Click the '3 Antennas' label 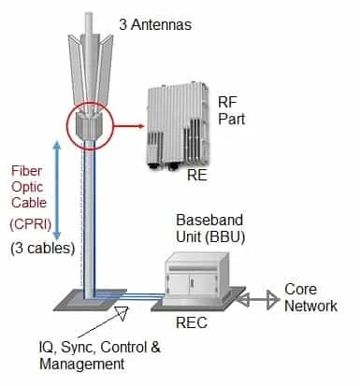(x=155, y=24)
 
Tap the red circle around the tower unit (x=67, y=126)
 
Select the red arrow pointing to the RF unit (x=128, y=126)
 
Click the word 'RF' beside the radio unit (x=227, y=103)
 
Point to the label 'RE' (x=197, y=176)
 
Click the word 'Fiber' (x=26, y=171)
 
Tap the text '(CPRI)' (x=30, y=224)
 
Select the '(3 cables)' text (x=42, y=249)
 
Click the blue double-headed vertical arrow (x=57, y=190)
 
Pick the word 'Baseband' (x=209, y=220)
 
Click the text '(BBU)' (x=224, y=236)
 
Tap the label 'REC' (x=192, y=322)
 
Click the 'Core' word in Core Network (x=300, y=290)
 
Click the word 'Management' (x=82, y=365)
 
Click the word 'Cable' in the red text (x=29, y=203)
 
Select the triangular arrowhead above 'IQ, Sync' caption (x=122, y=313)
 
